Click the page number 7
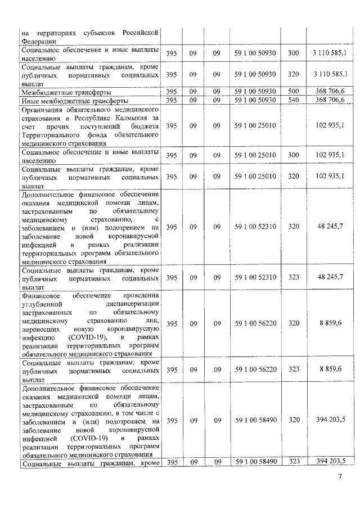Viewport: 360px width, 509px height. tap(339, 478)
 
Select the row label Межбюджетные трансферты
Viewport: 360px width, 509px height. tap(66, 92)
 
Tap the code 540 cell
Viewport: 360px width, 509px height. tap(293, 100)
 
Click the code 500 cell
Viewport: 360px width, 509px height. tap(293, 92)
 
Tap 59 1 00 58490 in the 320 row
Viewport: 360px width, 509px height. tap(255, 420)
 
